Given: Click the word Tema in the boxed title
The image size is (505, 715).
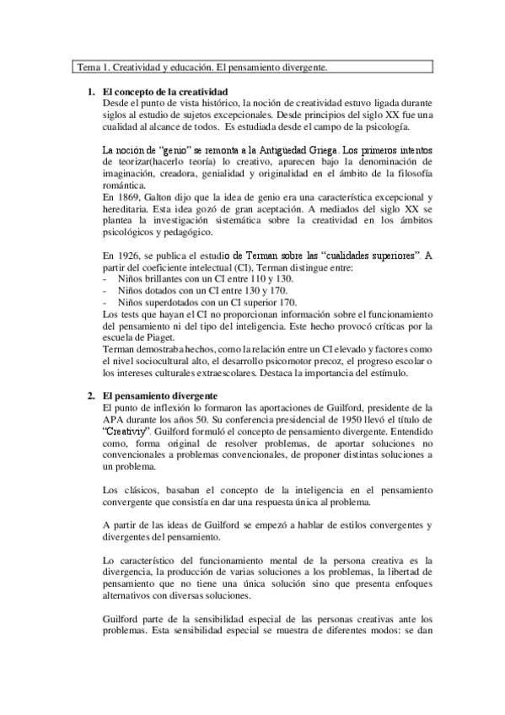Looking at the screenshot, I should pos(88,66).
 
